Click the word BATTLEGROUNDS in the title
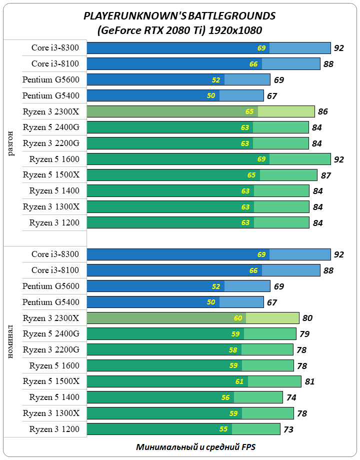[x=234, y=16]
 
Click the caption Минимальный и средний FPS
[x=196, y=446]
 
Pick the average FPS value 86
[x=322, y=111]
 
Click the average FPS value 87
[x=325, y=175]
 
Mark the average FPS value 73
[x=288, y=429]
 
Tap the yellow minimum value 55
[x=223, y=429]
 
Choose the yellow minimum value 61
[x=239, y=381]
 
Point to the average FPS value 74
[x=291, y=397]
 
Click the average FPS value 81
[x=309, y=381]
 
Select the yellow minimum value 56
[x=225, y=397]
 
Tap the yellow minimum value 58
[x=233, y=349]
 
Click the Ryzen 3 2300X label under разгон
[x=50, y=111]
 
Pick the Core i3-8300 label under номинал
[x=55, y=254]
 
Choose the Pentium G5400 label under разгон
[x=50, y=95]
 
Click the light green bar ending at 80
[x=272, y=317]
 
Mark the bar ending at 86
[x=200, y=111]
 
